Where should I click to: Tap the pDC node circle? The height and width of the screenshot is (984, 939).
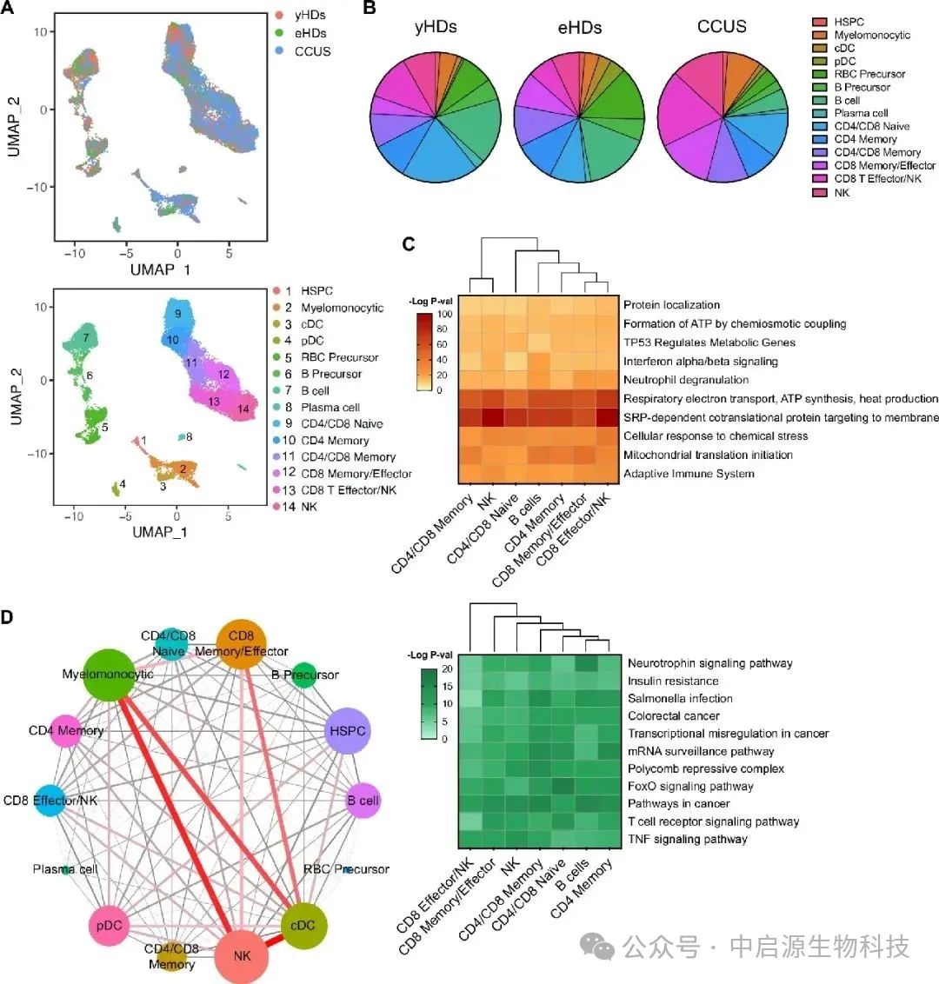coord(110,926)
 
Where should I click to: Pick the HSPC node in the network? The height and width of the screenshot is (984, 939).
coord(347,731)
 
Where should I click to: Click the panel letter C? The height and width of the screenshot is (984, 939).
coord(409,244)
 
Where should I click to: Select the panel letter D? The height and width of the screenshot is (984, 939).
coord(7,617)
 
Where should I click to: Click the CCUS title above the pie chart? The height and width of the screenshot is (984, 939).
coord(722,26)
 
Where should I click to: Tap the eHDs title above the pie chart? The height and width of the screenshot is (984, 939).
coord(579,27)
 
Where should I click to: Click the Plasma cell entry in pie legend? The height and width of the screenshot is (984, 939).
coord(861,113)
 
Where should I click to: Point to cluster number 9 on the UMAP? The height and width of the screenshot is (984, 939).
coord(176,314)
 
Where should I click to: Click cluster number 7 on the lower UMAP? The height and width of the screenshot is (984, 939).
coord(87,336)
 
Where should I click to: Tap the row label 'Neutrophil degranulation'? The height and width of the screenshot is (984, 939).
coord(685,380)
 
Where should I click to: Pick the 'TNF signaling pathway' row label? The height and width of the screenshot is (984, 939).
coord(687,839)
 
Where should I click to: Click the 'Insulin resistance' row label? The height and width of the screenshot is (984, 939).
coord(673,681)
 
